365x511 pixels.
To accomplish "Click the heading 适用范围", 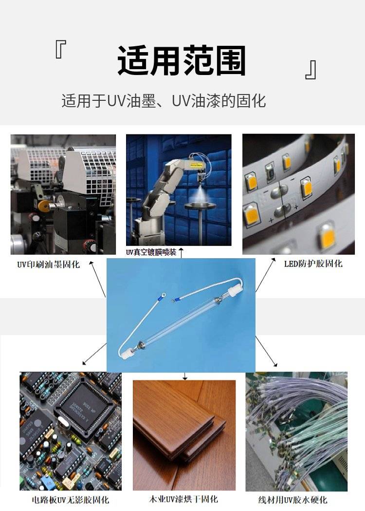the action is pos(182,61).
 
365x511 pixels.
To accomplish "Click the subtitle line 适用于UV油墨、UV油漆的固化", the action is pos(164,101).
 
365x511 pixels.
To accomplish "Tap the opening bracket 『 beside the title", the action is pos(61,50).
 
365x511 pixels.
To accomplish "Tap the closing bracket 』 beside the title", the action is pos(310,70).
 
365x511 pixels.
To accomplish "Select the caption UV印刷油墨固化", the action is pos(49,265).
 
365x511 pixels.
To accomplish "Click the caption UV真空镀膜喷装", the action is pos(151,252).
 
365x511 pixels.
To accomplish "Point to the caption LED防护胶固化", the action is pos(313,264).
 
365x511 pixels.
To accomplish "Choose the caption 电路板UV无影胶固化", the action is pos(71,500).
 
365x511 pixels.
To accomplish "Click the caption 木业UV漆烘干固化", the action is pos(183,499).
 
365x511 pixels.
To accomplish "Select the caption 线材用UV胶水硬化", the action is pos(292,500).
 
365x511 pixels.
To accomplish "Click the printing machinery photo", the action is pos(63,194).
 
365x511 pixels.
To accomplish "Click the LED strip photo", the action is pos(299,194).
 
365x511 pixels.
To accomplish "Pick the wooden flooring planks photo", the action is pos(184,435).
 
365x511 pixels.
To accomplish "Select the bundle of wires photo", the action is pos(296,432).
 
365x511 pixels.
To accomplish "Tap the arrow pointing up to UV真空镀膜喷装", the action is pos(182,253).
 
